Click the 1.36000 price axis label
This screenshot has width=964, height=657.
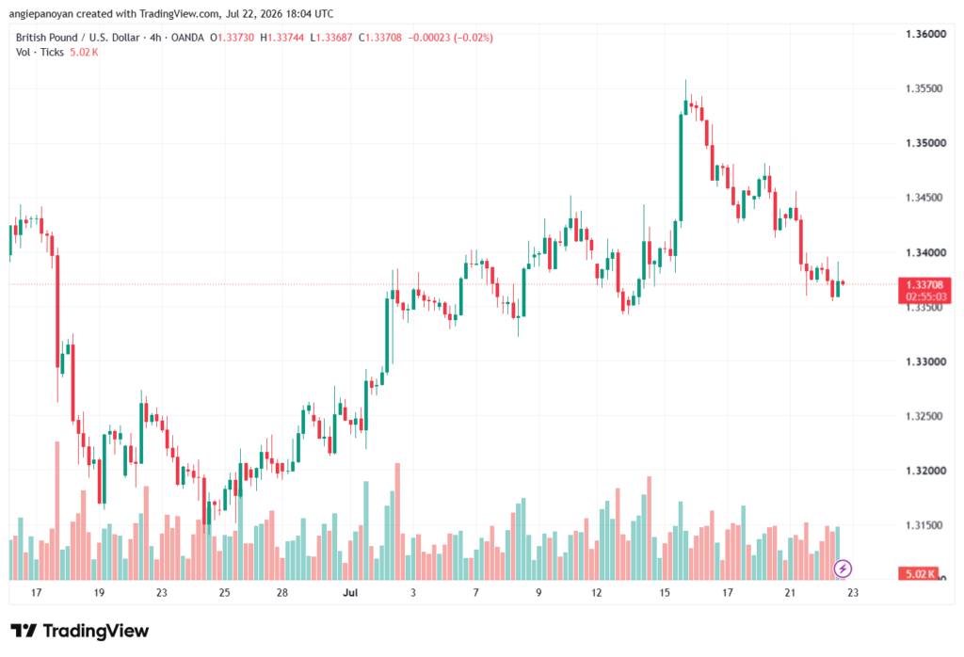pyautogui.click(x=926, y=34)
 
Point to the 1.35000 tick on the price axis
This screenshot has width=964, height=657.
pyautogui.click(x=926, y=143)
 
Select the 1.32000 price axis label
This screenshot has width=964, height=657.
pyautogui.click(x=926, y=471)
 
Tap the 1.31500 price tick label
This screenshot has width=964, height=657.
pyautogui.click(x=926, y=525)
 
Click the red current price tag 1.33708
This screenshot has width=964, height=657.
pyautogui.click(x=924, y=284)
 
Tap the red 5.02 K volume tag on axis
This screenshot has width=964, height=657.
pyautogui.click(x=919, y=574)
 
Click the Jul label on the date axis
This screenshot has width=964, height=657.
pyautogui.click(x=350, y=593)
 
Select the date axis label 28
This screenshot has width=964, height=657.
pyautogui.click(x=282, y=593)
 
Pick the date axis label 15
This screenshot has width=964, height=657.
pyautogui.click(x=665, y=593)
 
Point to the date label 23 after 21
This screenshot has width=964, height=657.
pyautogui.click(x=853, y=593)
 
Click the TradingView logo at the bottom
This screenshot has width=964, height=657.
pyautogui.click(x=80, y=632)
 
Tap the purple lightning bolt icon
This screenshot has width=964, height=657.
pyautogui.click(x=843, y=569)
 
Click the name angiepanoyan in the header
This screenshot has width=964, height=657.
pyautogui.click(x=41, y=13)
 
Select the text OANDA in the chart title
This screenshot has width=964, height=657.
pyautogui.click(x=187, y=38)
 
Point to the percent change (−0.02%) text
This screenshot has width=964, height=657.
pyautogui.click(x=474, y=38)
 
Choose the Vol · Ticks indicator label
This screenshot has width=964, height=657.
pyautogui.click(x=40, y=53)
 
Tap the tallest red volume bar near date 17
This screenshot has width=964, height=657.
pyautogui.click(x=57, y=511)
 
